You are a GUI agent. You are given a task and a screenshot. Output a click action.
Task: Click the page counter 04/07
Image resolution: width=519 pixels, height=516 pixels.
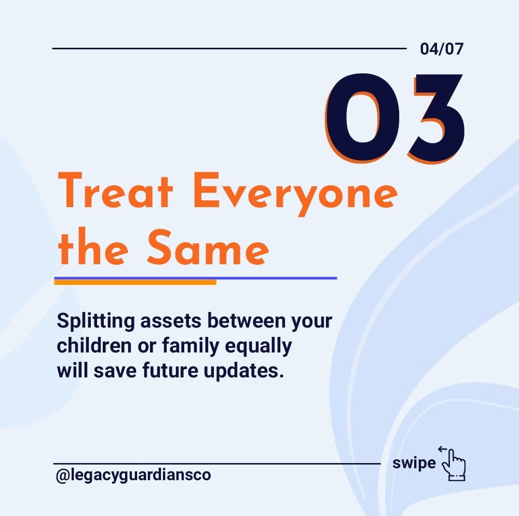point(442,49)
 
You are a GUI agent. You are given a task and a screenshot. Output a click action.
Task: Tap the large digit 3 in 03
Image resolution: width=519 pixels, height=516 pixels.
point(436,118)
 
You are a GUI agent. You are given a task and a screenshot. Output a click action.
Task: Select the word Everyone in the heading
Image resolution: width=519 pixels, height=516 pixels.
point(295,194)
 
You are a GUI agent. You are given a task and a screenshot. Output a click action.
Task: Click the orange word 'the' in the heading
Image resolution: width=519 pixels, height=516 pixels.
point(93,247)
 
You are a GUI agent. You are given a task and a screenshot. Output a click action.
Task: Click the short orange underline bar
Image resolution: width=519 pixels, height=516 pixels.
point(135,282)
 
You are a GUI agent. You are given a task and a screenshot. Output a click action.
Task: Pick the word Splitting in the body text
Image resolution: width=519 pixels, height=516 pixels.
point(96,321)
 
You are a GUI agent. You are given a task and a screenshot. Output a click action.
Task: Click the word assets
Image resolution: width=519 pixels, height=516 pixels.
point(171,321)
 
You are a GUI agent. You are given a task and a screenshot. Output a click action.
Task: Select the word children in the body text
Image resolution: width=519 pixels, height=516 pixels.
point(94,346)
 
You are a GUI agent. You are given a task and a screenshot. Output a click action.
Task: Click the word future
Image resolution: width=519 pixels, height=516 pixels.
point(170,371)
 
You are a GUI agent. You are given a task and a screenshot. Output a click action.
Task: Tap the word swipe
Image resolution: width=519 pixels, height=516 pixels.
point(414,464)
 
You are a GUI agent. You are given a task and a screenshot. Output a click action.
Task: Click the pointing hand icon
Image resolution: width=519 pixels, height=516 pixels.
point(454,465)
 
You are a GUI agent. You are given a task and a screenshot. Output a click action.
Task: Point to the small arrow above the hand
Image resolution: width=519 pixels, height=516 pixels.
point(443,449)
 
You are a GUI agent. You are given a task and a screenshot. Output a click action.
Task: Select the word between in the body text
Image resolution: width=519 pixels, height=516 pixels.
point(246,321)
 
